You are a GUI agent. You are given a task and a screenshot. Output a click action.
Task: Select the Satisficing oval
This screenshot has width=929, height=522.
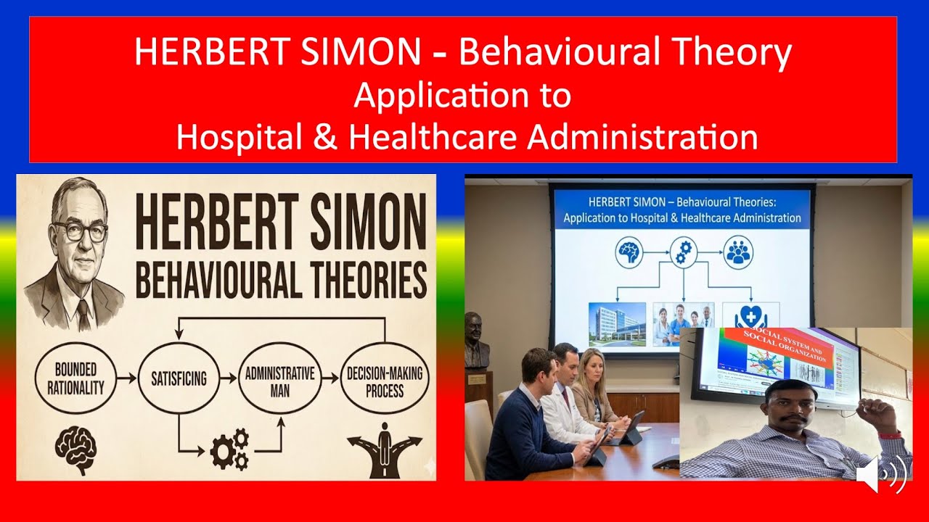tap(179, 378)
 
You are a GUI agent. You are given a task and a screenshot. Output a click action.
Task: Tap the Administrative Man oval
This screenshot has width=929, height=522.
tap(279, 378)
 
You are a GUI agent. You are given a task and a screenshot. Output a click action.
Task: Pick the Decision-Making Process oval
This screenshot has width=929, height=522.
tap(385, 378)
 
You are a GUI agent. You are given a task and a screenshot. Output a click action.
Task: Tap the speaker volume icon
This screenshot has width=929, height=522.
tap(880, 475)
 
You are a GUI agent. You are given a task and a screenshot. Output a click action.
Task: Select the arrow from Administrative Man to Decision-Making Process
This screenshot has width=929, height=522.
tap(330, 378)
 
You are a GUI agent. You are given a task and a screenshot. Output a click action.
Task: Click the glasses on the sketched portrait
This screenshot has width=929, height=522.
tap(80, 231)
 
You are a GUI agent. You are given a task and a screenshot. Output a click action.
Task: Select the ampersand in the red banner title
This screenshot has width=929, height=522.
tap(326, 136)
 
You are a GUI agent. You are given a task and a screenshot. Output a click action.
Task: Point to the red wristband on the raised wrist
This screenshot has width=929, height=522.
tap(890, 435)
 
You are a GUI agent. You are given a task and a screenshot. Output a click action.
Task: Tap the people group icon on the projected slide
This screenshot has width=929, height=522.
tap(739, 252)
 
